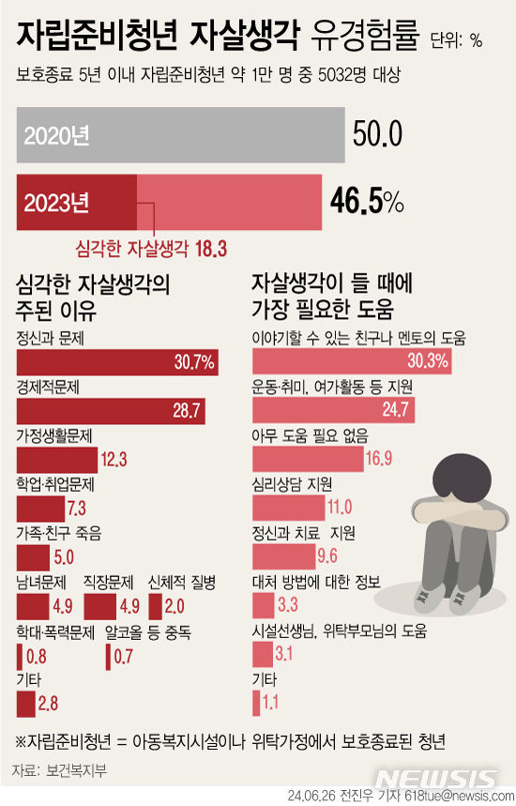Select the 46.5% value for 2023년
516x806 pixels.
367,200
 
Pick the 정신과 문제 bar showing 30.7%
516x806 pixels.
117,362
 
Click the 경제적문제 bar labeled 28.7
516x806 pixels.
111,411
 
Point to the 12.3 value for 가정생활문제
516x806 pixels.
114,460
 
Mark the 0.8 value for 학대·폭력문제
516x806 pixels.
37,656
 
